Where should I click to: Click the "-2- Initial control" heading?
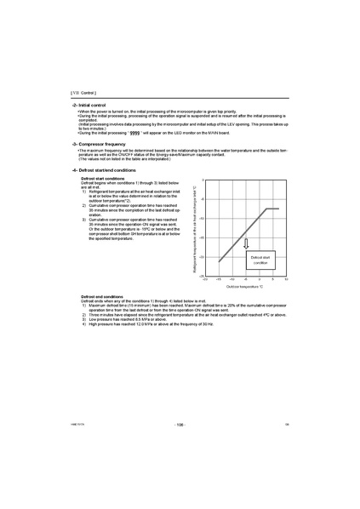[x=89, y=104]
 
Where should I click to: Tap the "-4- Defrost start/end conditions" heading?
[x=101, y=169]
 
